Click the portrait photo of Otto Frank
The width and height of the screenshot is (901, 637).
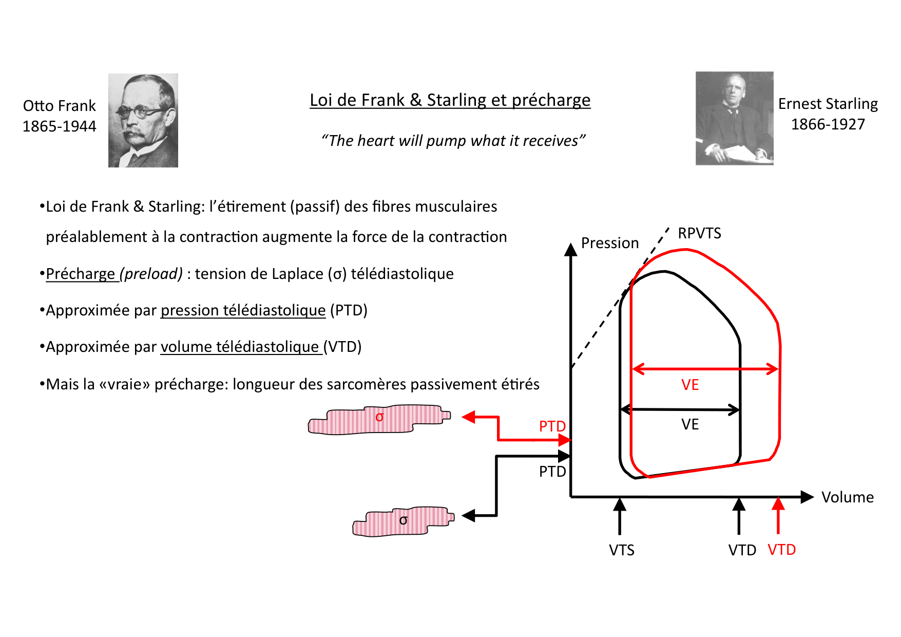143,120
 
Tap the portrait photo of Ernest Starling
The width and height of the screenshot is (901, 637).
734,118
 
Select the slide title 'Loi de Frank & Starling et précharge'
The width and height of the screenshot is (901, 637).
450,100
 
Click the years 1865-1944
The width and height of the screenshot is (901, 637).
59,126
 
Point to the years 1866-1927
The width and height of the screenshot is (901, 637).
828,124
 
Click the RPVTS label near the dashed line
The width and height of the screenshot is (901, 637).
699,233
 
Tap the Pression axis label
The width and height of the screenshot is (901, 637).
610,243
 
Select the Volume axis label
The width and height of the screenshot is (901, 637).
847,497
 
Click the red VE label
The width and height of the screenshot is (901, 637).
690,385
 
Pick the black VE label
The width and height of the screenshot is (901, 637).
690,424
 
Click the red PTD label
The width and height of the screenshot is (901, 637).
552,426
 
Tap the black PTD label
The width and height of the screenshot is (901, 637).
552,472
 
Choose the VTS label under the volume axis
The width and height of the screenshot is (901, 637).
621,550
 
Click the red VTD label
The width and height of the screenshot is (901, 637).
781,550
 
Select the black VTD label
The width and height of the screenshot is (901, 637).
742,550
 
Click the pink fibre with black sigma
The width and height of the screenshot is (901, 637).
403,521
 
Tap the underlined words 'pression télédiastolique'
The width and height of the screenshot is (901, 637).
243,310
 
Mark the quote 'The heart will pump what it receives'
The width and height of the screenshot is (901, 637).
453,141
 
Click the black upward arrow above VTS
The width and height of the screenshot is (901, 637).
620,516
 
